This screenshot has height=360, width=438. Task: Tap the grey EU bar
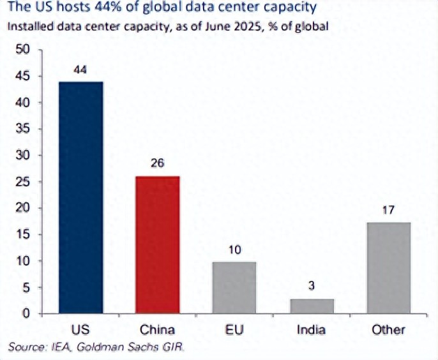tap(234, 287)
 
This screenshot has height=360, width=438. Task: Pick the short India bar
tap(311, 306)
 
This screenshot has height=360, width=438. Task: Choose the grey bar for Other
tap(388, 267)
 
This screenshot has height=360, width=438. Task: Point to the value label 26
tap(157, 163)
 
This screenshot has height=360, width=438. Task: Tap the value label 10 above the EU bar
tap(234, 249)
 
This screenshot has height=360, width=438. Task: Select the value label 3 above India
tap(311, 286)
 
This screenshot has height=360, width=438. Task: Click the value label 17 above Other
tap(388, 209)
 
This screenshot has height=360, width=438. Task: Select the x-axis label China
tap(157, 330)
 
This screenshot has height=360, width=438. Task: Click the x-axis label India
tap(311, 330)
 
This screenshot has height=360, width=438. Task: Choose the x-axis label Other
tap(388, 330)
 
